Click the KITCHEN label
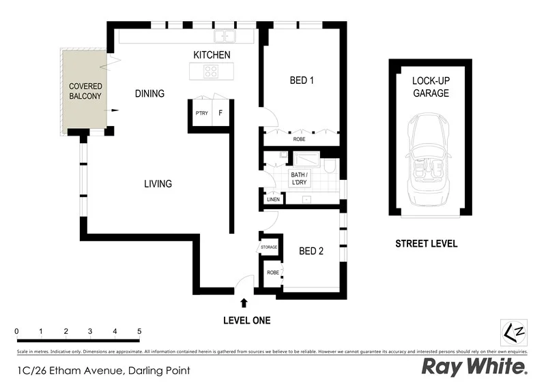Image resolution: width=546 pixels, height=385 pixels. point(212,55)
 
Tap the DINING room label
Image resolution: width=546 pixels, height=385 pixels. point(149,93)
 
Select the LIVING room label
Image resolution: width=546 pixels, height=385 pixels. point(158,184)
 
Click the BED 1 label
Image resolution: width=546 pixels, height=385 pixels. point(302,80)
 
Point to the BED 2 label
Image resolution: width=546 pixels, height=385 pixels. point(311,251)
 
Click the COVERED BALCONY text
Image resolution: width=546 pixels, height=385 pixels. point(85,91)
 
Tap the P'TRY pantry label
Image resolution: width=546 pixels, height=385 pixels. point(201,114)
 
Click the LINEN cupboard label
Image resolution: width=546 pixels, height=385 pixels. point(273,200)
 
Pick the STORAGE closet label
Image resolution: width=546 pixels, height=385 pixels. point(269,247)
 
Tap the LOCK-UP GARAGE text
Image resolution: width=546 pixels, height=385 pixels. point(430,87)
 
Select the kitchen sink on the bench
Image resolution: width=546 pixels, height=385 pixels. point(225,36)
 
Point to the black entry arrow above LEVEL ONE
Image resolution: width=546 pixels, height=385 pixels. point(244,303)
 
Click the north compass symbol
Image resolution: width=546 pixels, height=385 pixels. point(513,332)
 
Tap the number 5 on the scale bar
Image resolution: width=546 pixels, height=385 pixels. point(139,331)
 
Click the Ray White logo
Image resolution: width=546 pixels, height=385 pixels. point(474,367)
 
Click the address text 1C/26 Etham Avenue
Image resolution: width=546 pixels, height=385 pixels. point(102,371)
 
